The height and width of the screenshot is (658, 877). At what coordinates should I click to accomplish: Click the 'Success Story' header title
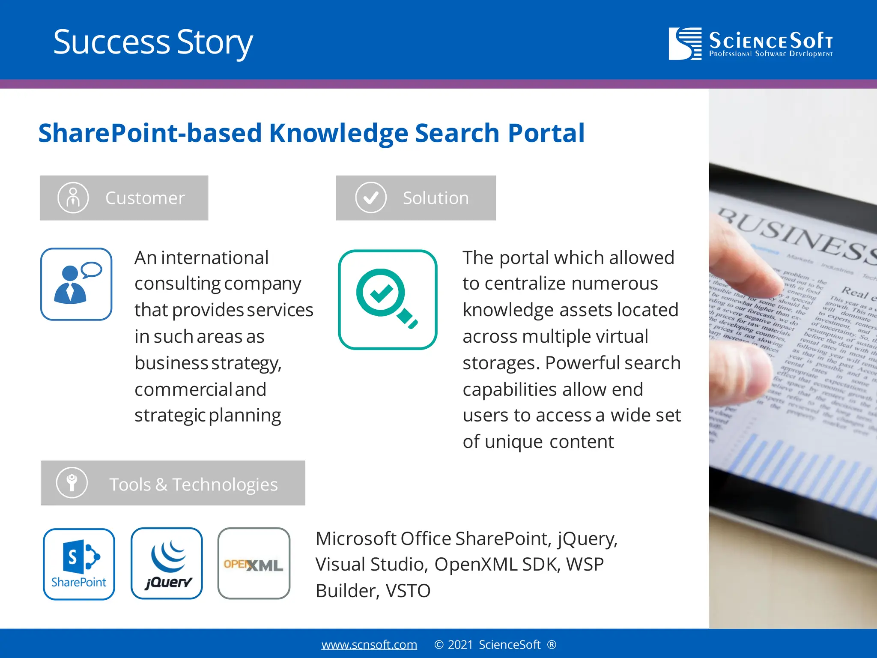tap(153, 42)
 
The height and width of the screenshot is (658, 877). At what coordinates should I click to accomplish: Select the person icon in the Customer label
tap(73, 198)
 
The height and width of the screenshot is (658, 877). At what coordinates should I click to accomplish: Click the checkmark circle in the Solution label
tap(371, 198)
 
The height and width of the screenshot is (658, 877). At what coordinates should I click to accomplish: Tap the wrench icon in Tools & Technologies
tap(72, 483)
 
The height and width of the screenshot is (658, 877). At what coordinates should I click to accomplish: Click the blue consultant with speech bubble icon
tap(76, 284)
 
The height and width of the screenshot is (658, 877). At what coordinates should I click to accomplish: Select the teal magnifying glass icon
tap(388, 299)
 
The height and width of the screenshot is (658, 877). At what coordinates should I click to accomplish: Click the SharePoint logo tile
tap(79, 564)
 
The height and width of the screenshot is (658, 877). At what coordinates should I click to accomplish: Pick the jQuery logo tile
tap(167, 564)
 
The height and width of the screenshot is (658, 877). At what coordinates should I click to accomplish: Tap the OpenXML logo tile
tap(254, 564)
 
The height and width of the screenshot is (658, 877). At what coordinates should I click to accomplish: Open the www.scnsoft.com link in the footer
tap(369, 644)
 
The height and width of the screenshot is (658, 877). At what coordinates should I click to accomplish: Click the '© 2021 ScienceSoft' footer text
tap(495, 644)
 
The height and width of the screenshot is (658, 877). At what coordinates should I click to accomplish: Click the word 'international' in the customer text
tap(215, 258)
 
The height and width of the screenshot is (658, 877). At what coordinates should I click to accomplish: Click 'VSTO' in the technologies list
tap(408, 591)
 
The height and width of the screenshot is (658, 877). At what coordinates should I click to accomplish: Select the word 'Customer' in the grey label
tap(145, 198)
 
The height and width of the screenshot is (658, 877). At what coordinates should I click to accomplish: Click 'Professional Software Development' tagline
tap(771, 54)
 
